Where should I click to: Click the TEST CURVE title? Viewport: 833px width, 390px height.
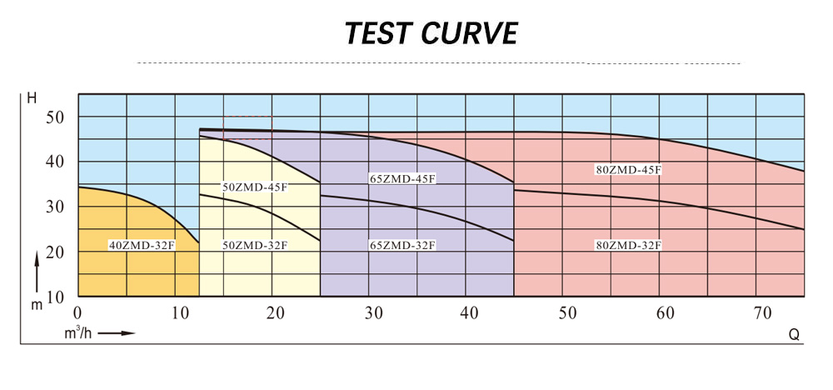click(x=431, y=33)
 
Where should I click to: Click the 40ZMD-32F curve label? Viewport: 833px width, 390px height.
click(x=142, y=245)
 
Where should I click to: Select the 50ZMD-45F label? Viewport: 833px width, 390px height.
click(x=255, y=187)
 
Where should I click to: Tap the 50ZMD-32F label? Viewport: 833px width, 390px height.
click(x=255, y=245)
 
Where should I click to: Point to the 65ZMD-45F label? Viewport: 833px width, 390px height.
click(x=403, y=178)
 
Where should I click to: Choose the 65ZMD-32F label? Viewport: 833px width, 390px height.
click(x=403, y=245)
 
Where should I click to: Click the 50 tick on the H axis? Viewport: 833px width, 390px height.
click(x=55, y=117)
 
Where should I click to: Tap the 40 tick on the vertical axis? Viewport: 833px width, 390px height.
click(x=55, y=162)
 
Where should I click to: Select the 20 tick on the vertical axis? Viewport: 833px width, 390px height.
click(x=55, y=252)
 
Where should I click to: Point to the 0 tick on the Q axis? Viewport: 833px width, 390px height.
click(x=77, y=313)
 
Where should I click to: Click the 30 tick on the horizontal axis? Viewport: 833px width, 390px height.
click(x=373, y=313)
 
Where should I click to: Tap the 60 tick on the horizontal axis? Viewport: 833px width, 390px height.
click(x=664, y=313)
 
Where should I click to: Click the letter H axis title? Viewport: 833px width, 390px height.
click(x=32, y=99)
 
